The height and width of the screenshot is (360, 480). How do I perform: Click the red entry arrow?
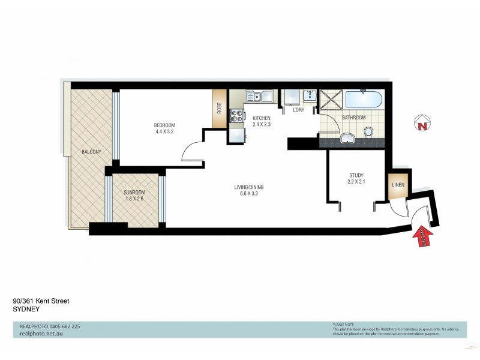[421, 237]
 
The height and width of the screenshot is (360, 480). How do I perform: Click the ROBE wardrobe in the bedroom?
[220, 108]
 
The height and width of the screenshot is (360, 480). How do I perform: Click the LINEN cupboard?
[397, 185]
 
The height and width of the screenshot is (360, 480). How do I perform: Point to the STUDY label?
[356, 176]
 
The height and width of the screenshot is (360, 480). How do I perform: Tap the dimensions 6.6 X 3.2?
[248, 194]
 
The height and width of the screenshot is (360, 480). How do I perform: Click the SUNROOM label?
[134, 192]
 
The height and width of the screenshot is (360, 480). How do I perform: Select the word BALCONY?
[91, 152]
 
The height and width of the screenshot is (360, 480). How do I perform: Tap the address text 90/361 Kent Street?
[41, 302]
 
